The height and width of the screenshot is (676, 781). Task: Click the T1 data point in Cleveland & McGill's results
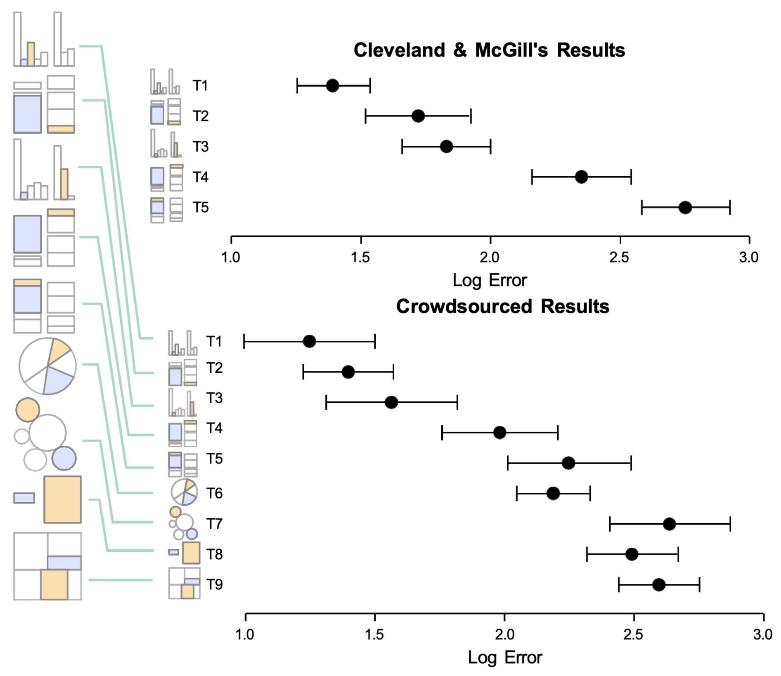332,86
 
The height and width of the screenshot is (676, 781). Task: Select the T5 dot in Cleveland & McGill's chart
685,207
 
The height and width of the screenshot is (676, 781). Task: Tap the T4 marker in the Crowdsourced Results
499,433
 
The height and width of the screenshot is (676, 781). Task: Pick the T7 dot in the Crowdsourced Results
669,524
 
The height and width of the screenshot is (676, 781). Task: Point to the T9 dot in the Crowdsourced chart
658,585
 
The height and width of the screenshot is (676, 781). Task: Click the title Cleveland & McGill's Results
489,50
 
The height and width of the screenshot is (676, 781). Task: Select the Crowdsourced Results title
502,307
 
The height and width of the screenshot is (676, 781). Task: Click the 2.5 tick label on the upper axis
619,258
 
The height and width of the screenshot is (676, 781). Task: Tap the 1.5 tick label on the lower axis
374,634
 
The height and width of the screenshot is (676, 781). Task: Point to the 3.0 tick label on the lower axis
763,634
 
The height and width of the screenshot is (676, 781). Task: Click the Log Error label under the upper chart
490,281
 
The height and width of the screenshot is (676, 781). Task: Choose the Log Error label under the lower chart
504,657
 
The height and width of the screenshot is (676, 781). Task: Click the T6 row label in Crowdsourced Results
214,493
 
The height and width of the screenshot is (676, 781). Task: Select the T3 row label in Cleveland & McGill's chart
201,147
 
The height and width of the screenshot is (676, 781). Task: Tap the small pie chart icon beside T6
184,492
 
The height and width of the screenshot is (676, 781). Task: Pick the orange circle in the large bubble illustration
27,409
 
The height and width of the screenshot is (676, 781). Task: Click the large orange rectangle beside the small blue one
62,499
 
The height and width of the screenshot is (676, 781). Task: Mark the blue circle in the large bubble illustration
64,458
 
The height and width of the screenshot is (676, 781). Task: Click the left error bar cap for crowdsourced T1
244,342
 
